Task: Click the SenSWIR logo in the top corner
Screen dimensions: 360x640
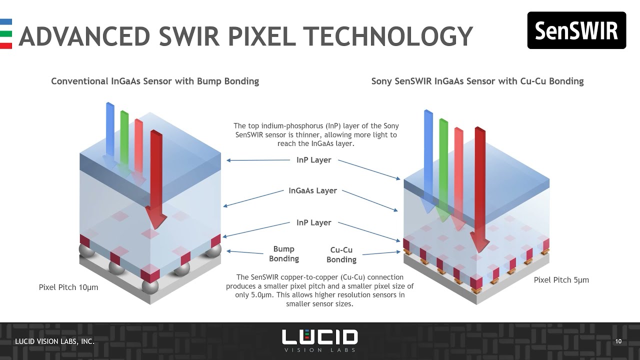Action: [576, 30]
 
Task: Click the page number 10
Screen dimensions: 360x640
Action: [618, 341]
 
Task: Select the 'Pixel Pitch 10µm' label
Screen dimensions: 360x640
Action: [68, 287]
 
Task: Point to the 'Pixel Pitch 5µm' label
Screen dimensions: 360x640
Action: [561, 280]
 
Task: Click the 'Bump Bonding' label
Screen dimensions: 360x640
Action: [284, 253]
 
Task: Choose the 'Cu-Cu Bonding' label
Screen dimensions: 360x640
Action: [341, 254]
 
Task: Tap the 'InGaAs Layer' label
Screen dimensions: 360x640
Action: [313, 190]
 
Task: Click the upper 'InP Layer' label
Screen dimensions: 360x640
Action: [314, 160]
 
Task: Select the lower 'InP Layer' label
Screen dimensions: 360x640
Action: [314, 222]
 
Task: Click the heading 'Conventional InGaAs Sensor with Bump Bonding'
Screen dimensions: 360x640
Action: [155, 81]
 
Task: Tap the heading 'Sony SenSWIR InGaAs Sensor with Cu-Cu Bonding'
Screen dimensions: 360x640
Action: [477, 81]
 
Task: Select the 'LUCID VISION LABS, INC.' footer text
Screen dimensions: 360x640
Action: [54, 341]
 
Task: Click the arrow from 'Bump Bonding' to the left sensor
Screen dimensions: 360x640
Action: [245, 252]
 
